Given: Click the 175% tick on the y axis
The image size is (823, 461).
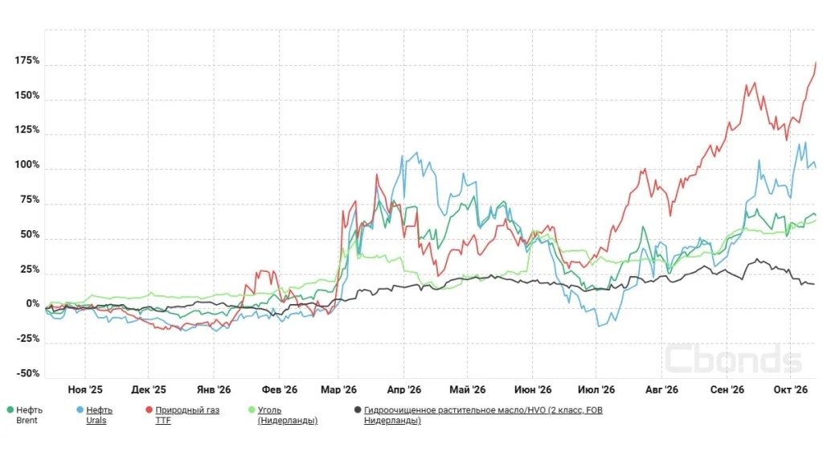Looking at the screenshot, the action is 27,60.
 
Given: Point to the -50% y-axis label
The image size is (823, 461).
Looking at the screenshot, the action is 28,373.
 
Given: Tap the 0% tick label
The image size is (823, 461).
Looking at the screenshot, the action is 33,304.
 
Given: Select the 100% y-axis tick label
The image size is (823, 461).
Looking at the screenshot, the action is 27,165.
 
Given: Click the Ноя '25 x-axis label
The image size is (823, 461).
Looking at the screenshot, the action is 85,389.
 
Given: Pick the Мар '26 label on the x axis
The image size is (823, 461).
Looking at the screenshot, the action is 338,389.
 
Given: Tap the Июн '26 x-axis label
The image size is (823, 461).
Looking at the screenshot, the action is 533,389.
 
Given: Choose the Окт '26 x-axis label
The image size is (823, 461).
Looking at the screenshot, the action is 791,389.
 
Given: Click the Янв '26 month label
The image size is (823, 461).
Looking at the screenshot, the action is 214,389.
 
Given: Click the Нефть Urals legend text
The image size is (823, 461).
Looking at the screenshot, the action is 99,415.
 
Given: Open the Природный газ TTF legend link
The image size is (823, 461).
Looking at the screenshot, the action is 187,415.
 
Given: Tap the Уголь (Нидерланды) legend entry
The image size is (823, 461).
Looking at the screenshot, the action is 288,415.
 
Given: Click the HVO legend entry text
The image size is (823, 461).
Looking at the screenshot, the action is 483,415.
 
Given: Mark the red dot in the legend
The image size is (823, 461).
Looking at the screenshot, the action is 149,410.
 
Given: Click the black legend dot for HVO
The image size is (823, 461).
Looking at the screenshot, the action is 358,410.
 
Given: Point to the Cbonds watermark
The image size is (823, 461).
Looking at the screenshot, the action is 733,359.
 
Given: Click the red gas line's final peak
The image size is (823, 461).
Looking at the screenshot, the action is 816,63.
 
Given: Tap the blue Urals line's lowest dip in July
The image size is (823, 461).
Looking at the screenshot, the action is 599,327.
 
